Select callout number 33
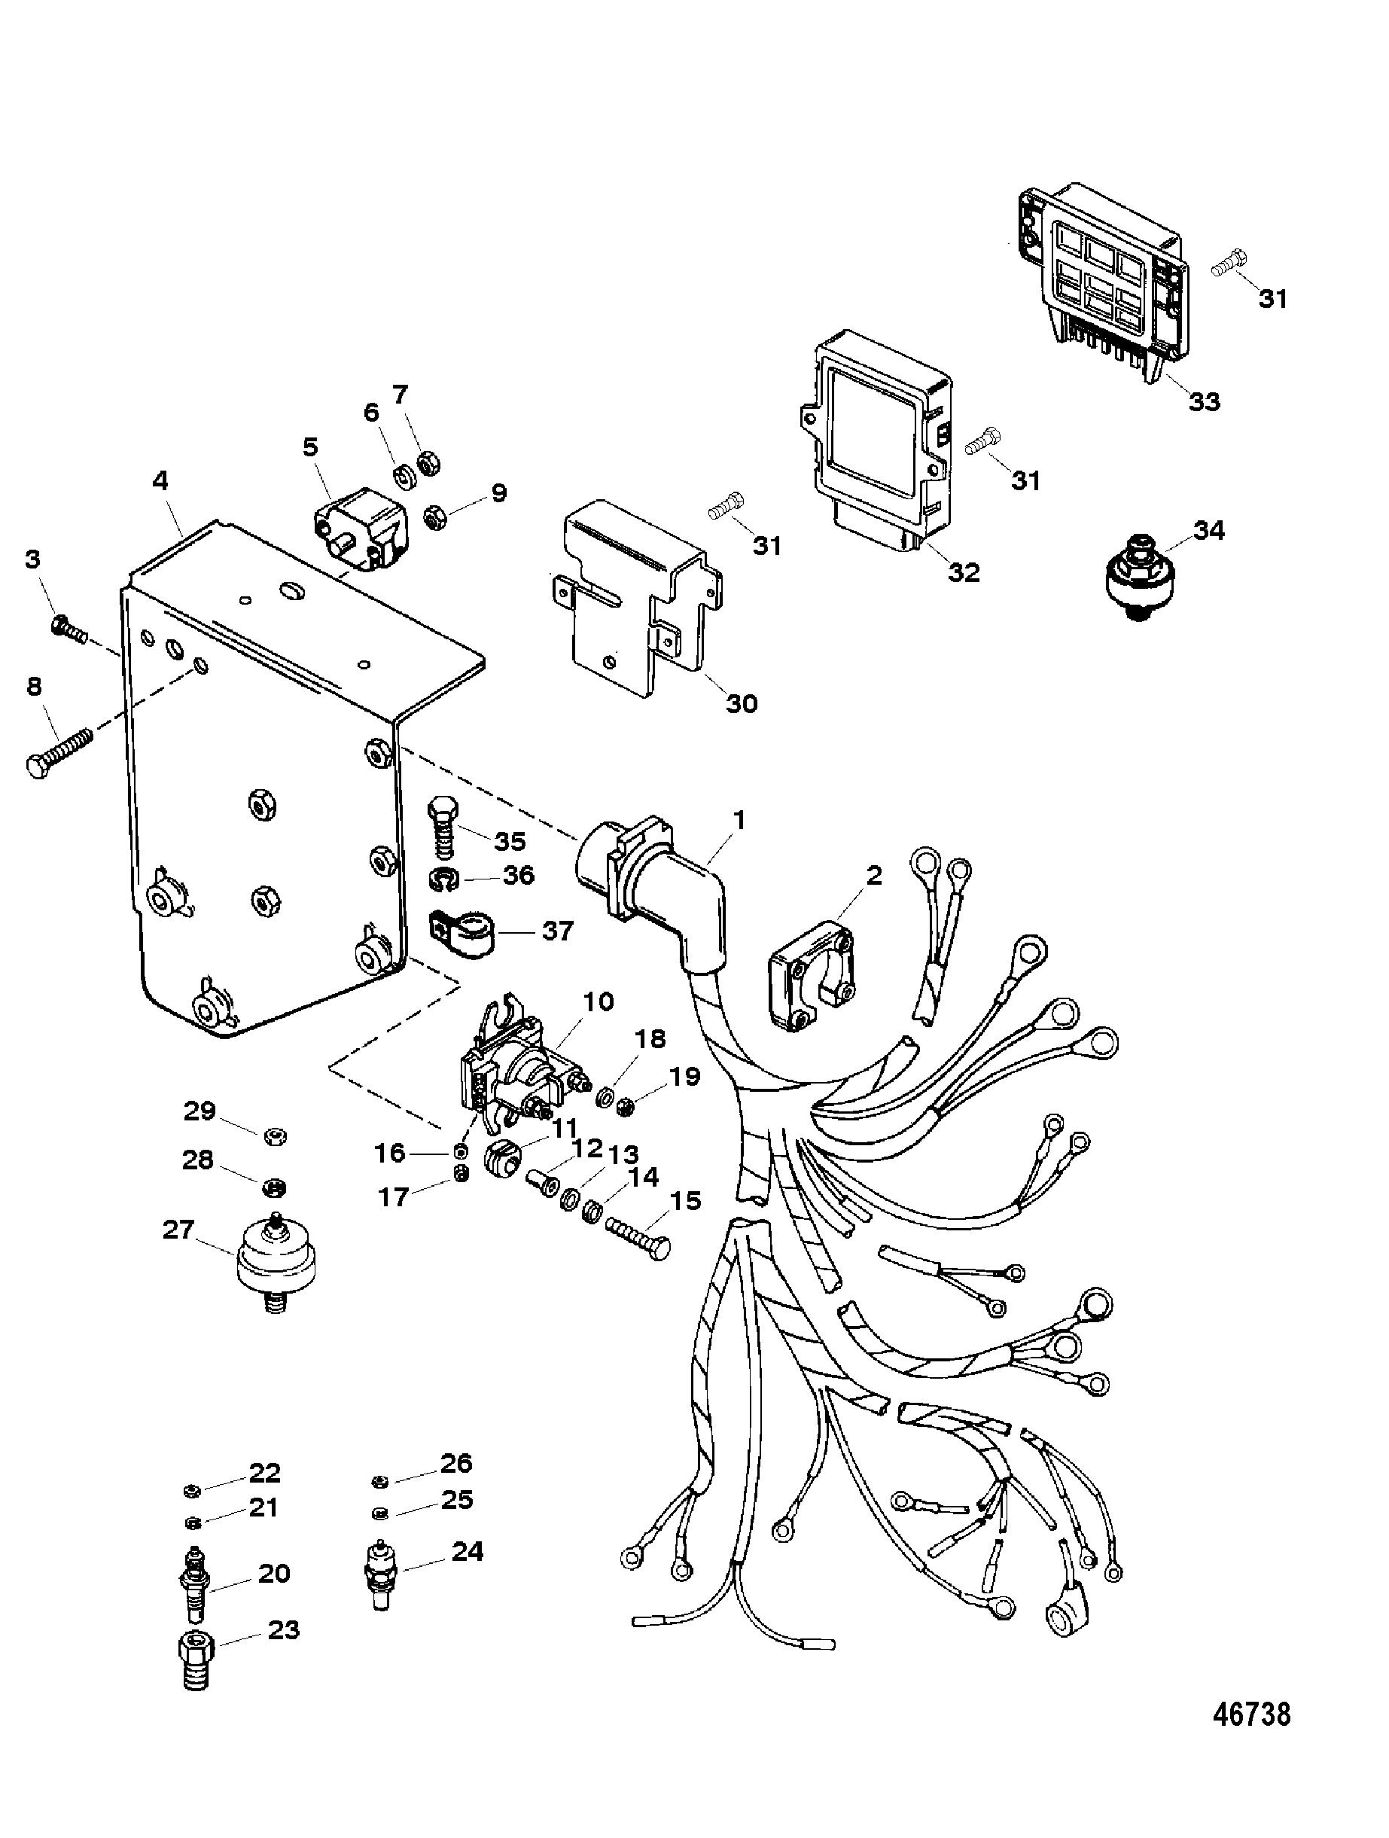click(x=1204, y=401)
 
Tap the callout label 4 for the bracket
click(x=160, y=480)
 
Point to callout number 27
click(x=178, y=1229)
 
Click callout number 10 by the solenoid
click(x=598, y=1003)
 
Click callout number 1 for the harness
click(x=739, y=821)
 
